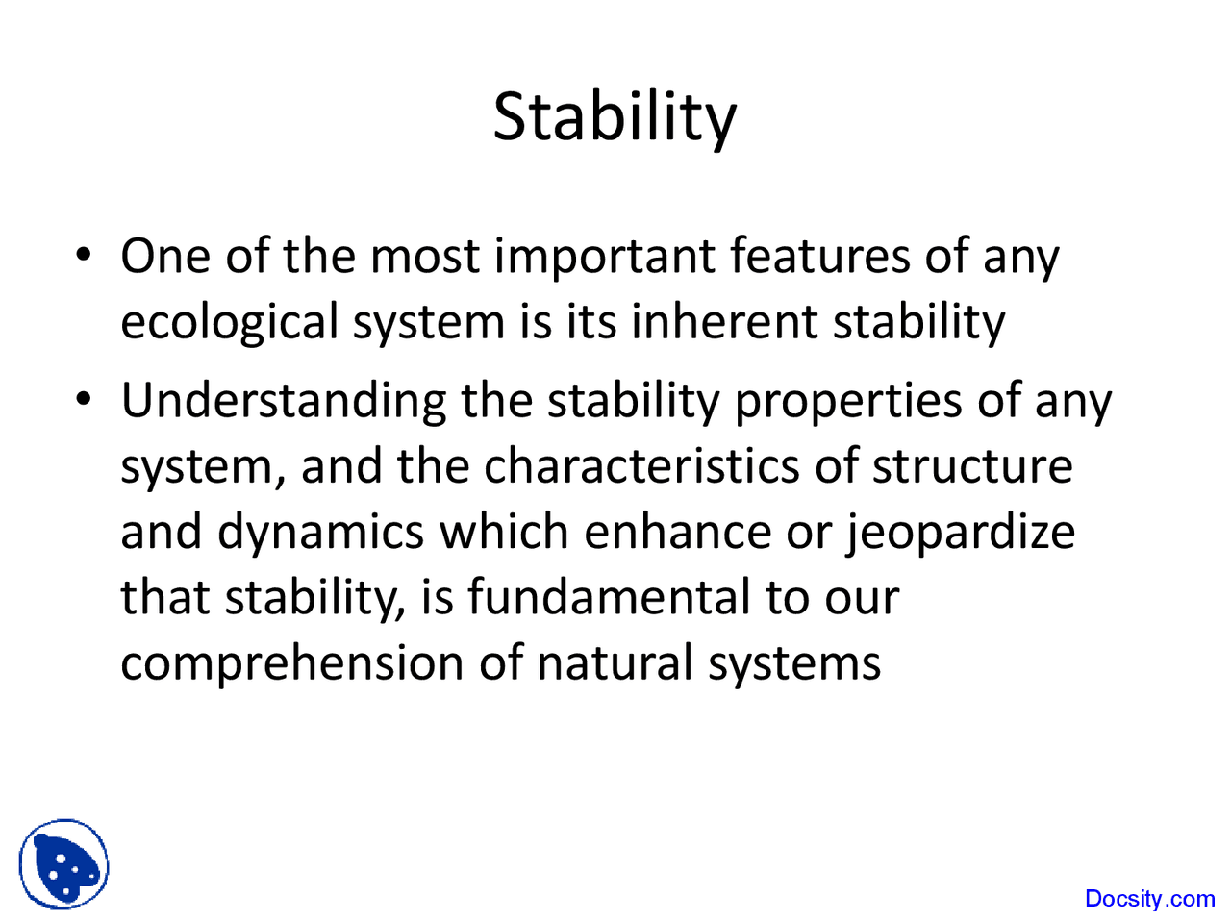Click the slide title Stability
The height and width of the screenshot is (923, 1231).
[615, 116]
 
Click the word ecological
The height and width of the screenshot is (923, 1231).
[229, 322]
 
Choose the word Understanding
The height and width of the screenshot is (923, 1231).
[283, 402]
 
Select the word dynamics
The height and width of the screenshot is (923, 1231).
[320, 533]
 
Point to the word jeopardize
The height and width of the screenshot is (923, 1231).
[960, 533]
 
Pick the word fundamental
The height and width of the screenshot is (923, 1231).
[608, 597]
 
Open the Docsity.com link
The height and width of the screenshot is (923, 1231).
[1149, 899]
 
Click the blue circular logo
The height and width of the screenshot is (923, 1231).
[63, 863]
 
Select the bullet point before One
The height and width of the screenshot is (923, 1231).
[85, 258]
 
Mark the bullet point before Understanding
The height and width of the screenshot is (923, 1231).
[85, 400]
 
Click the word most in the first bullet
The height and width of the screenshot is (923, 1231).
[424, 258]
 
